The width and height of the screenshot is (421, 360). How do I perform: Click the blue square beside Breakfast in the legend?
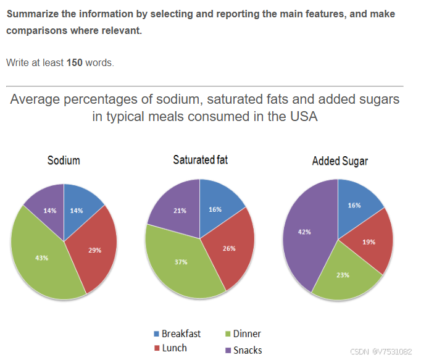pos(156,334)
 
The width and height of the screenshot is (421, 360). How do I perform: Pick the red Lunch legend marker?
pos(156,348)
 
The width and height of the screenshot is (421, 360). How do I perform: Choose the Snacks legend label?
pos(248,350)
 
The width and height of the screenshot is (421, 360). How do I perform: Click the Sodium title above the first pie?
pos(64,161)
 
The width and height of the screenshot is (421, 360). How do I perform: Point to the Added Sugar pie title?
pos(340,161)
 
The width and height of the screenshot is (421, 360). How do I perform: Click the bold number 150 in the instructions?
pos(75,63)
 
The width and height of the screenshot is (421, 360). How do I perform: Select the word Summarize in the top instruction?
pos(31,14)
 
